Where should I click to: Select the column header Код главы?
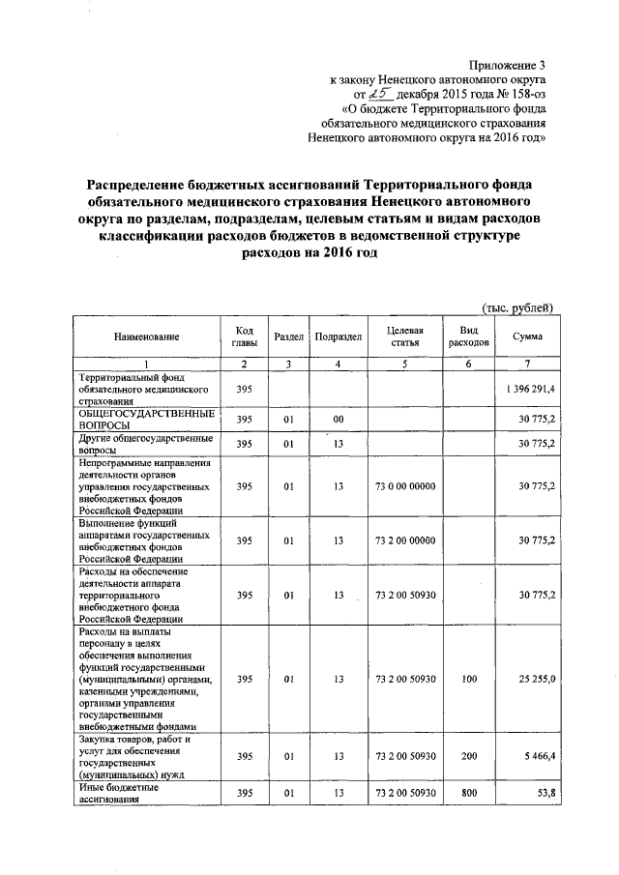click(244, 336)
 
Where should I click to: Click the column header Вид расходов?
click(469, 336)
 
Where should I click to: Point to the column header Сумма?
click(528, 336)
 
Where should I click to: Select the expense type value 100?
click(469, 680)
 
